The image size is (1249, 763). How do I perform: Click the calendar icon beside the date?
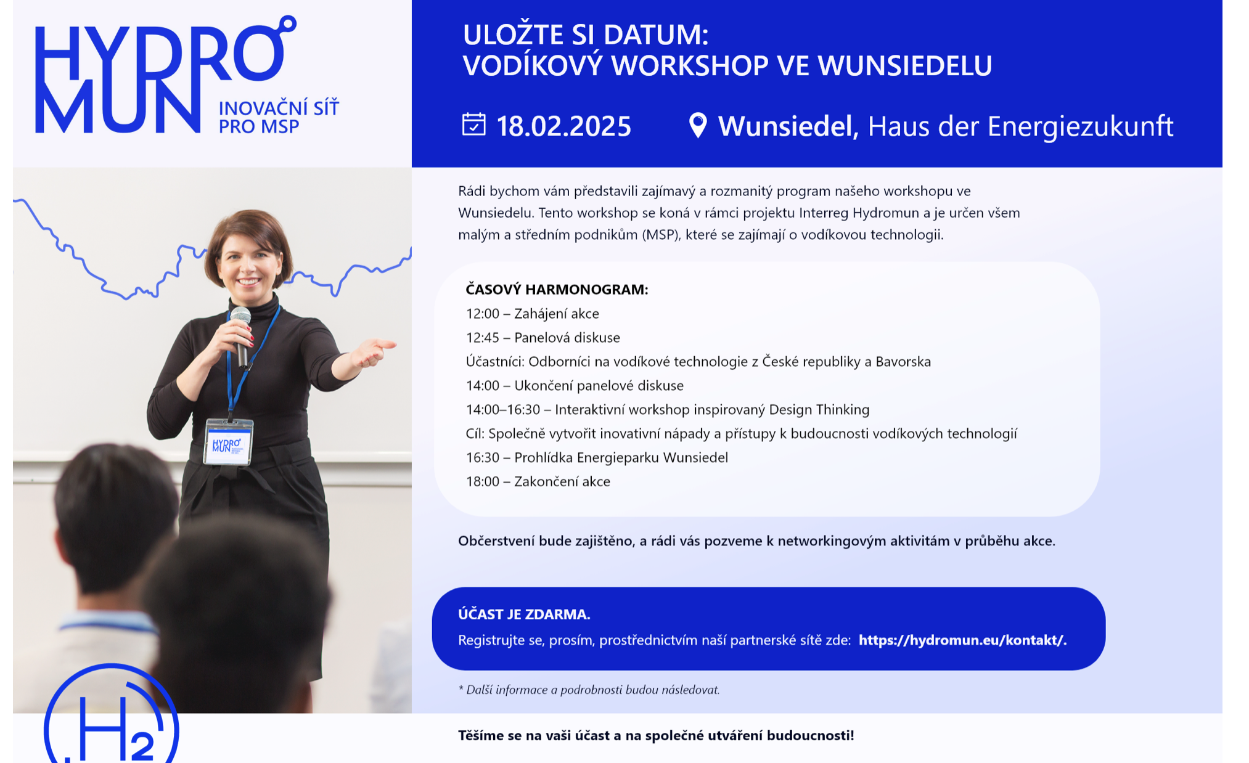point(473,124)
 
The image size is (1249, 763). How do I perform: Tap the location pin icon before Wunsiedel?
point(697,126)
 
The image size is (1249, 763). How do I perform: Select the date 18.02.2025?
point(563,126)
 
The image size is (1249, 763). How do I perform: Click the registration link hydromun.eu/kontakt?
point(962,640)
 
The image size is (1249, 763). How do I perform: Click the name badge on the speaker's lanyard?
point(227,442)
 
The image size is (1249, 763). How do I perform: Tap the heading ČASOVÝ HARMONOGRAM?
point(557,289)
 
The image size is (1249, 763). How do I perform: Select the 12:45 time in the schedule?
point(482,338)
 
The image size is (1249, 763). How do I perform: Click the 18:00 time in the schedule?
point(482,481)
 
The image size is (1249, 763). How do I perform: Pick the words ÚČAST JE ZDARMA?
point(524,614)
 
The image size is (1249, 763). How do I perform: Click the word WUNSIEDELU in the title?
point(905,65)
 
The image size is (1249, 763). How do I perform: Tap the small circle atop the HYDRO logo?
point(287,24)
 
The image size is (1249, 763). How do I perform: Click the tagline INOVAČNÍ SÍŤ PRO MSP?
point(279,117)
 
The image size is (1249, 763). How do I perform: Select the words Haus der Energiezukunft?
point(1020,126)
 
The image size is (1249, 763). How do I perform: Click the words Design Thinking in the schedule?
point(819,410)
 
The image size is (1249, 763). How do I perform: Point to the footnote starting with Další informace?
point(589,690)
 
